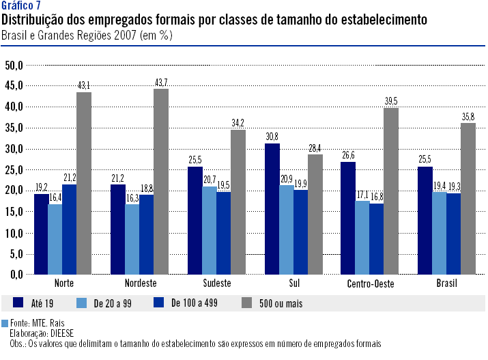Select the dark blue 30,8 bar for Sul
[x=272, y=209]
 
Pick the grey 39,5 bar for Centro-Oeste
[x=391, y=191]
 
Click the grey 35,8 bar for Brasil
[x=468, y=199]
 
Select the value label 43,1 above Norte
[x=84, y=85]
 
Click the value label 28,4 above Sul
[x=315, y=129]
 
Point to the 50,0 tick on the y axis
[x=14, y=65]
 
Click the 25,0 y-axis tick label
[x=14, y=169]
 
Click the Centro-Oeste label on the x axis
[x=369, y=283]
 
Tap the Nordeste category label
[x=141, y=283]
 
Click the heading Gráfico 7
[x=22, y=7]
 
